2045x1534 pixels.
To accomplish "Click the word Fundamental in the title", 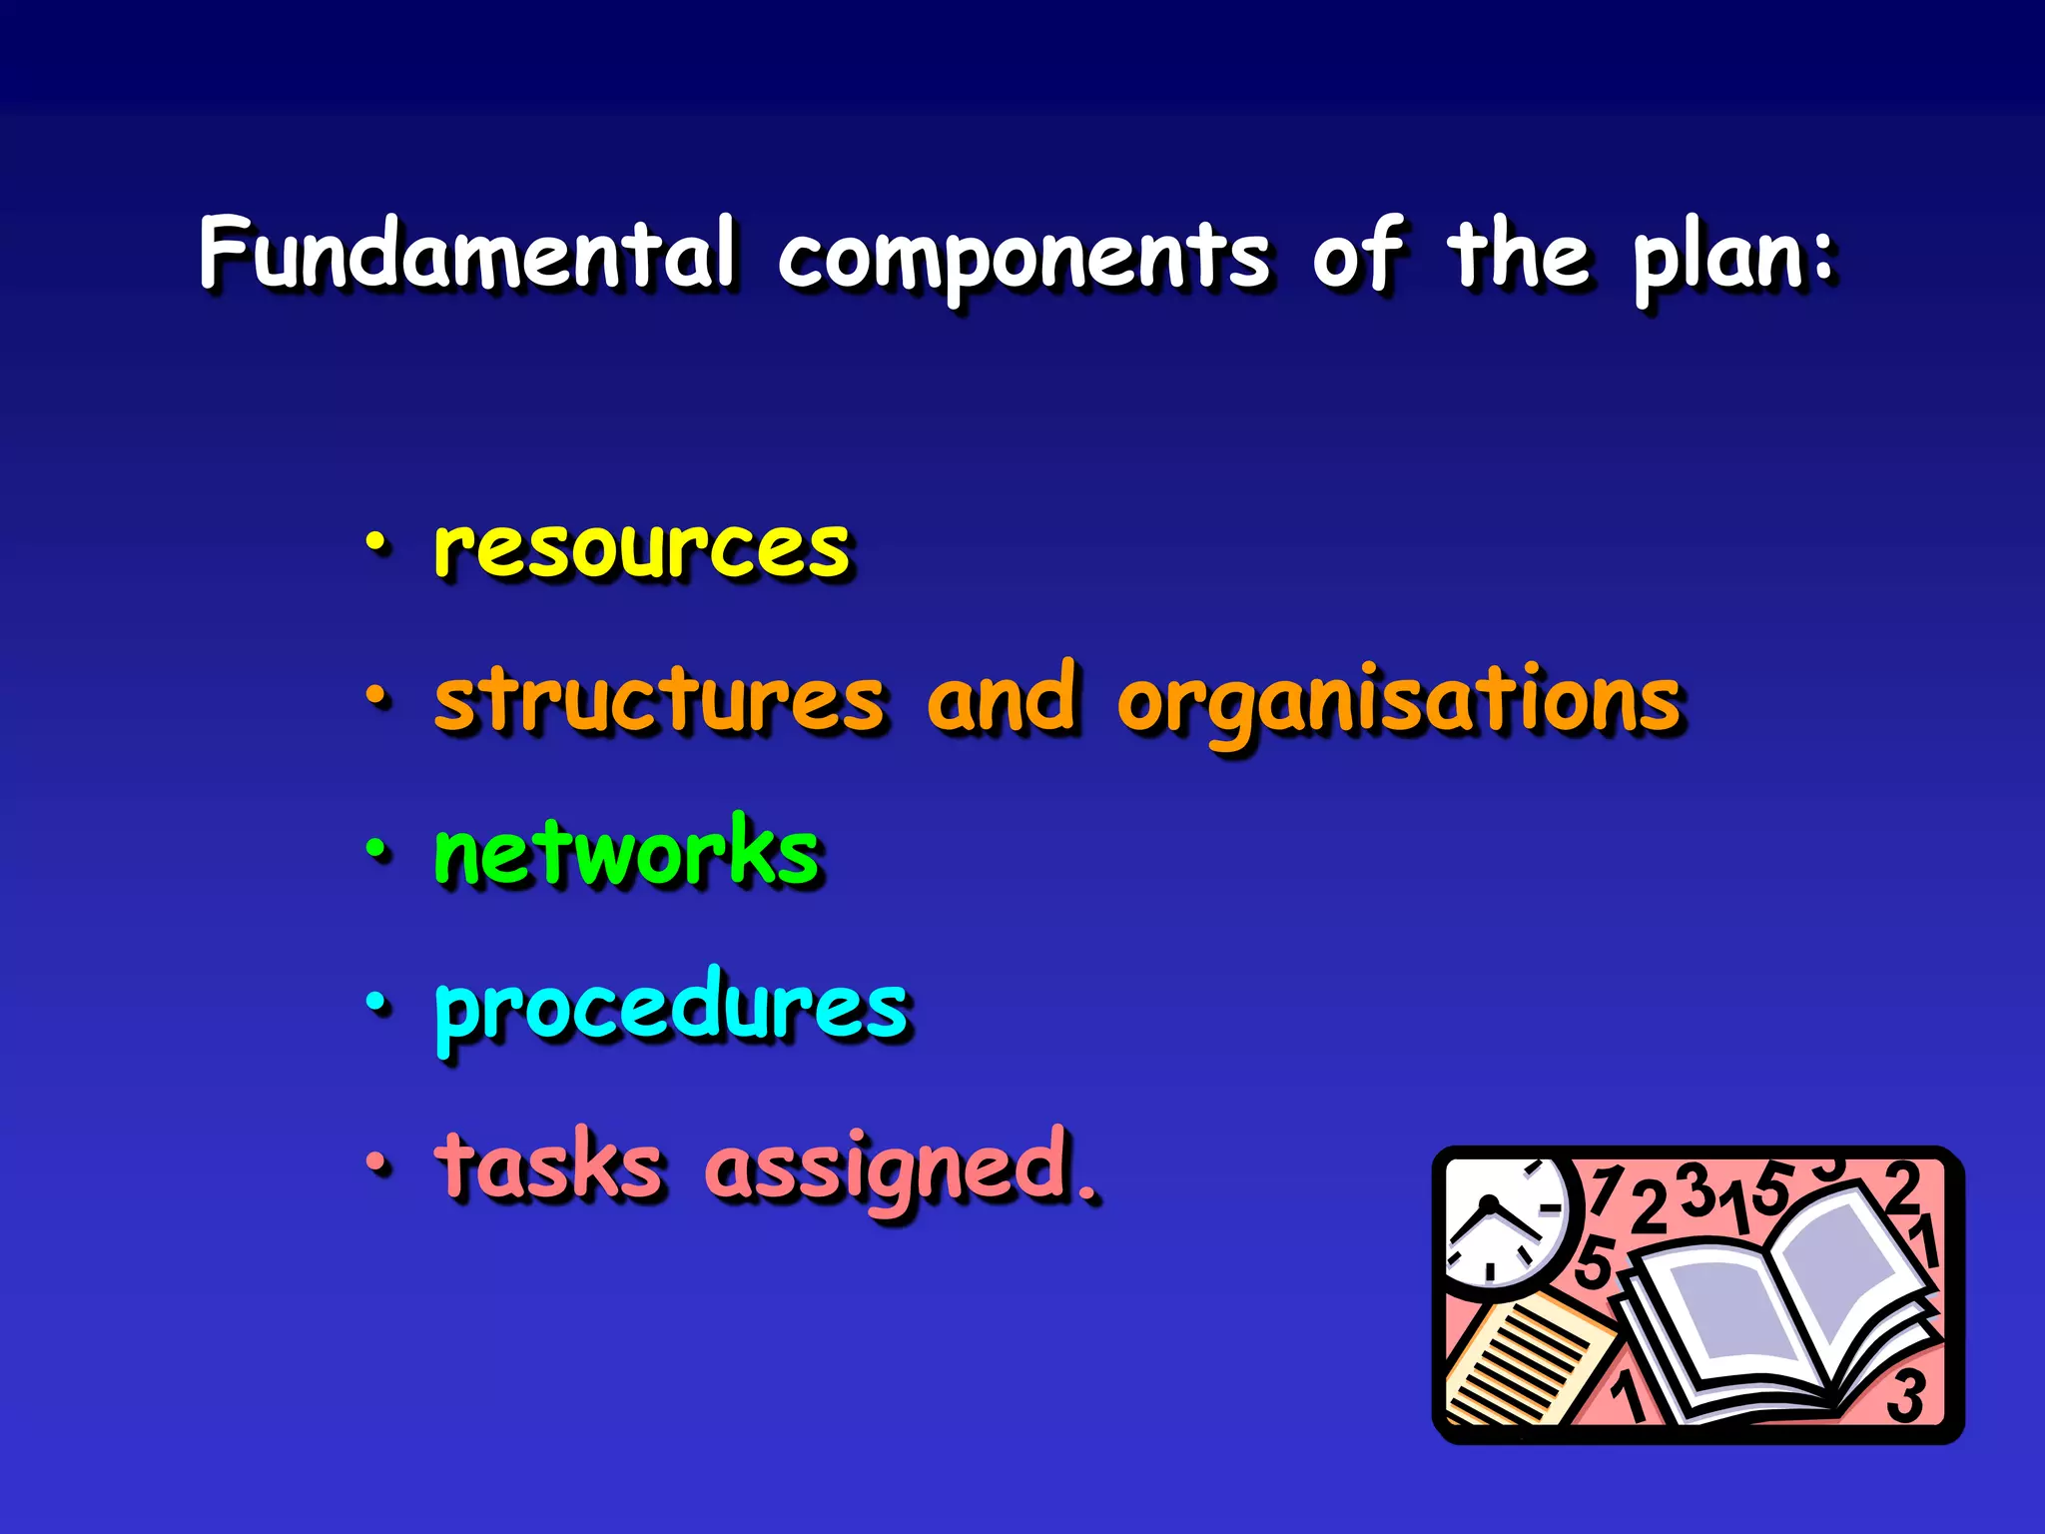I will tap(467, 254).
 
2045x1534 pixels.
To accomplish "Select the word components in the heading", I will tap(1024, 258).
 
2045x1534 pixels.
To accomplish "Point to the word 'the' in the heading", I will tap(1519, 254).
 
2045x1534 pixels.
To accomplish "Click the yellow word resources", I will tap(642, 549).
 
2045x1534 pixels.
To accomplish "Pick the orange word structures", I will tap(660, 701).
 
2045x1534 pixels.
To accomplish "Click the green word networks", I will tap(626, 853).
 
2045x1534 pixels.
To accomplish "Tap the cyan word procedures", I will tap(671, 1007).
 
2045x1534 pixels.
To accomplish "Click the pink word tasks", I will tap(548, 1164).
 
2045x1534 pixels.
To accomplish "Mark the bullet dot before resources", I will tap(375, 543).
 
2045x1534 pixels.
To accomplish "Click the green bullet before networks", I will tap(375, 850).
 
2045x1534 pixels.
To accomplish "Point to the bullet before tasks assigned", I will tap(375, 1161).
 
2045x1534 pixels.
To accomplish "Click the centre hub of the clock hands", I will tap(1488, 1203).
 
